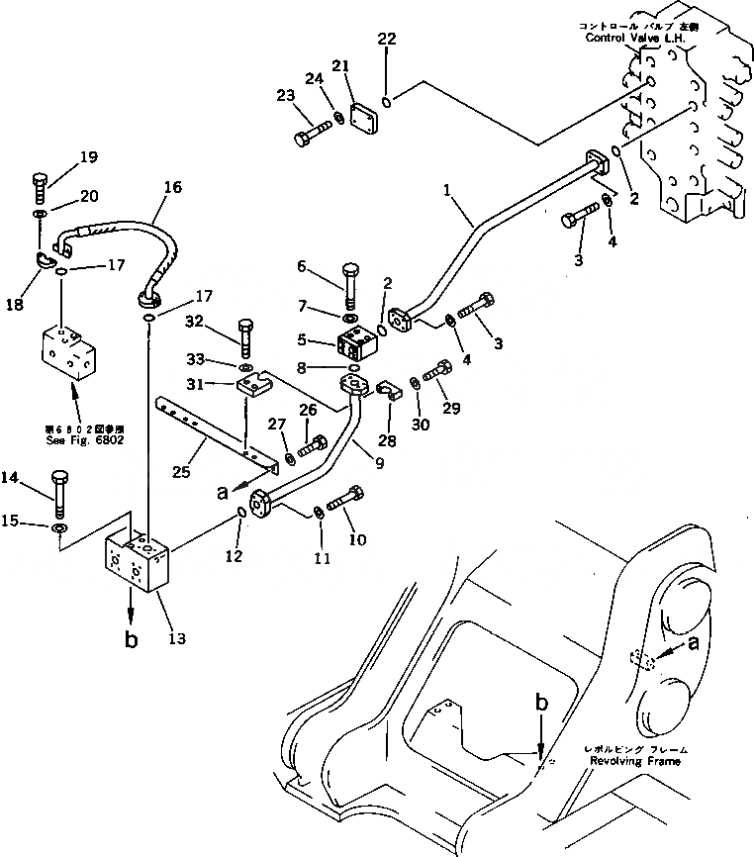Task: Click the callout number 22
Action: (x=386, y=40)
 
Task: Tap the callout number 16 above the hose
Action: (x=173, y=187)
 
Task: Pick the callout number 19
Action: (x=88, y=156)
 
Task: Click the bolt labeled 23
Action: (x=314, y=131)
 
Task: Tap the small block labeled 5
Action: (x=357, y=343)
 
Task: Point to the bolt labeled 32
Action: (x=246, y=337)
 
